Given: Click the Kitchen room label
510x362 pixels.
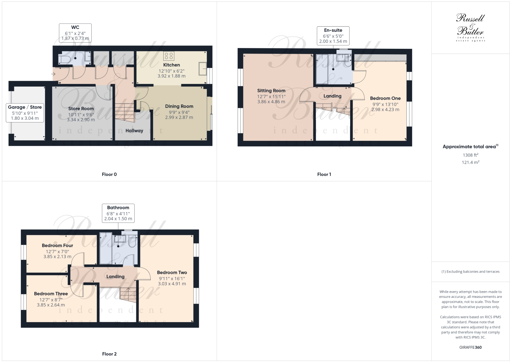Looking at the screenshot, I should (x=171, y=65).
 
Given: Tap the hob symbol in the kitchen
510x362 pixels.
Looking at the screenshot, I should (x=168, y=56).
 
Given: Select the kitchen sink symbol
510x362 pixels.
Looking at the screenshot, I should (x=202, y=69).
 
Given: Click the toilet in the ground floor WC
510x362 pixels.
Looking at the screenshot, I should (x=64, y=60).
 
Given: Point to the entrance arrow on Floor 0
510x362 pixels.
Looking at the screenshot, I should (x=54, y=74).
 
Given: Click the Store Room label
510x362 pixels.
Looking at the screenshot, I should (x=81, y=108).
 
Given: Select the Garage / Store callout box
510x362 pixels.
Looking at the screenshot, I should (x=25, y=113).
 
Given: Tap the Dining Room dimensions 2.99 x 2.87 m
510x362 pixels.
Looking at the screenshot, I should (x=179, y=117).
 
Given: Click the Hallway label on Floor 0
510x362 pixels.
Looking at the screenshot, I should (x=134, y=131).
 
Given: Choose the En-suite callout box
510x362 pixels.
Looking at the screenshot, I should (x=333, y=35).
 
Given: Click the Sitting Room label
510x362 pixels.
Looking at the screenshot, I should (x=271, y=90).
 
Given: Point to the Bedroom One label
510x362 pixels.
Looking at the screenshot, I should (x=385, y=98).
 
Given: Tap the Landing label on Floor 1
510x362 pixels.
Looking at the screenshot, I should (x=332, y=96).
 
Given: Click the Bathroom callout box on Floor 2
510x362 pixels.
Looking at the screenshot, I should (x=118, y=213).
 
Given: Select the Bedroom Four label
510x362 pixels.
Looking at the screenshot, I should (x=57, y=245).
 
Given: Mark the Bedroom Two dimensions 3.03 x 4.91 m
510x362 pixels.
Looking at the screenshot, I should (x=172, y=284).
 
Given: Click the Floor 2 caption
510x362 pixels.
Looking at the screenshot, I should (x=109, y=354).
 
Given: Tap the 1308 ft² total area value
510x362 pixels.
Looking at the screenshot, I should (x=470, y=155).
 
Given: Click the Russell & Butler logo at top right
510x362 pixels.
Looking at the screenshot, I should (x=470, y=27).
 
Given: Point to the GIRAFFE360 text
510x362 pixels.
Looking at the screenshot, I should (x=470, y=347).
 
